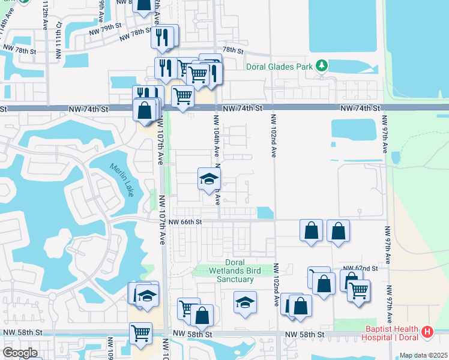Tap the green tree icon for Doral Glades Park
[322, 64]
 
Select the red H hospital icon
[427, 331]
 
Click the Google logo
[20, 353]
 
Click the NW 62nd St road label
[360, 268]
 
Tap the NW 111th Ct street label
[59, 41]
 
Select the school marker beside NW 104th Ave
[209, 179]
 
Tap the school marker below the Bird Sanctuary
[244, 304]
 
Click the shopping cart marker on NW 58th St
[140, 333]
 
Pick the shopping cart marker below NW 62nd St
[358, 292]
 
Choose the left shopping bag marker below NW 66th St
[311, 231]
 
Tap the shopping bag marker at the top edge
[144, 6]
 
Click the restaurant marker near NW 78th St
[163, 37]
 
